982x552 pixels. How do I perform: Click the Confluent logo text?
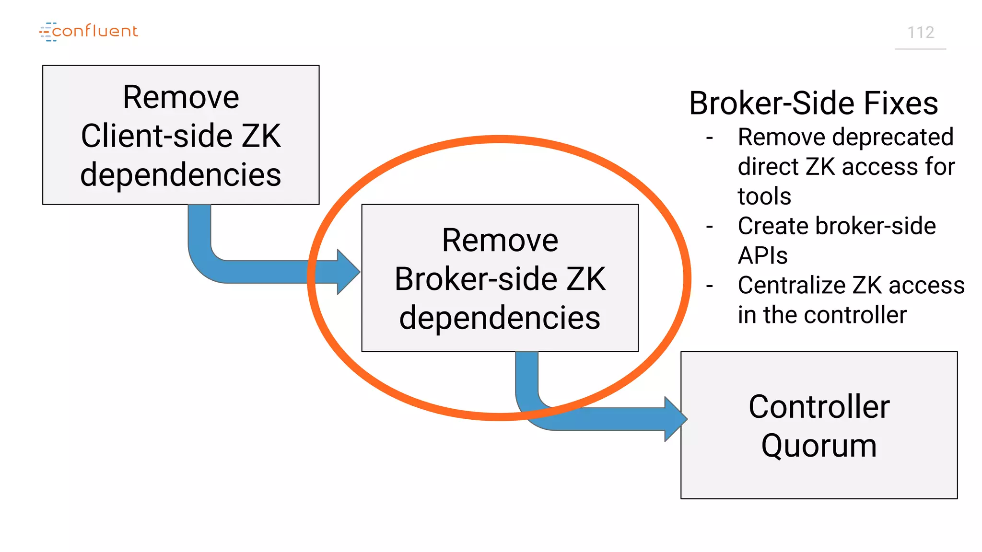94,31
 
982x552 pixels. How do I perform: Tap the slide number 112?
921,33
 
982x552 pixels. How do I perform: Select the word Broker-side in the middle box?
475,279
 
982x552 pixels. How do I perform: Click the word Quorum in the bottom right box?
819,446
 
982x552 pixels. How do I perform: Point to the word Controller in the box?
819,407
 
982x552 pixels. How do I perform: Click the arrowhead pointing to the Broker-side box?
348,272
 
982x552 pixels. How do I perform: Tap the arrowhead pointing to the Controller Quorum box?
675,419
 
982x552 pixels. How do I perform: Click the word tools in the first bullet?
764,196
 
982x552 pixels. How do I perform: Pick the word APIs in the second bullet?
762,255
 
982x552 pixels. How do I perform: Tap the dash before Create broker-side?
710,226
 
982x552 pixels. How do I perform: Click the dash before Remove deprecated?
710,138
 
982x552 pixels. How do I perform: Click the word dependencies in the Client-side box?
181,174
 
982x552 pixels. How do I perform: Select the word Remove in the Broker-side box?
500,240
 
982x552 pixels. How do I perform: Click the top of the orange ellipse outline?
500,139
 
